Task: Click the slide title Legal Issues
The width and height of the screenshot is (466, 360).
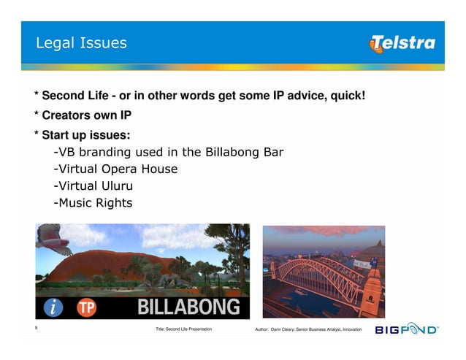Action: [x=81, y=43]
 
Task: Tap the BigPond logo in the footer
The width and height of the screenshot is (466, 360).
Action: [x=407, y=330]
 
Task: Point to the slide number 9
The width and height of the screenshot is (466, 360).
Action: [x=37, y=329]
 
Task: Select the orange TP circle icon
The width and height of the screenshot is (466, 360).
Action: [x=87, y=307]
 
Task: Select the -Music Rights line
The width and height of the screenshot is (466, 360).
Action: [x=93, y=202]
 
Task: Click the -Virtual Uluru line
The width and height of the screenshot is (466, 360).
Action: [x=93, y=185]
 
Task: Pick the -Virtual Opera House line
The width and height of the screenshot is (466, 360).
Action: [x=115, y=169]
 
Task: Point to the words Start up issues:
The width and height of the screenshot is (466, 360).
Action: [x=86, y=135]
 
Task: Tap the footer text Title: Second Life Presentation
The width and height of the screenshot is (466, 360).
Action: [x=184, y=331]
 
